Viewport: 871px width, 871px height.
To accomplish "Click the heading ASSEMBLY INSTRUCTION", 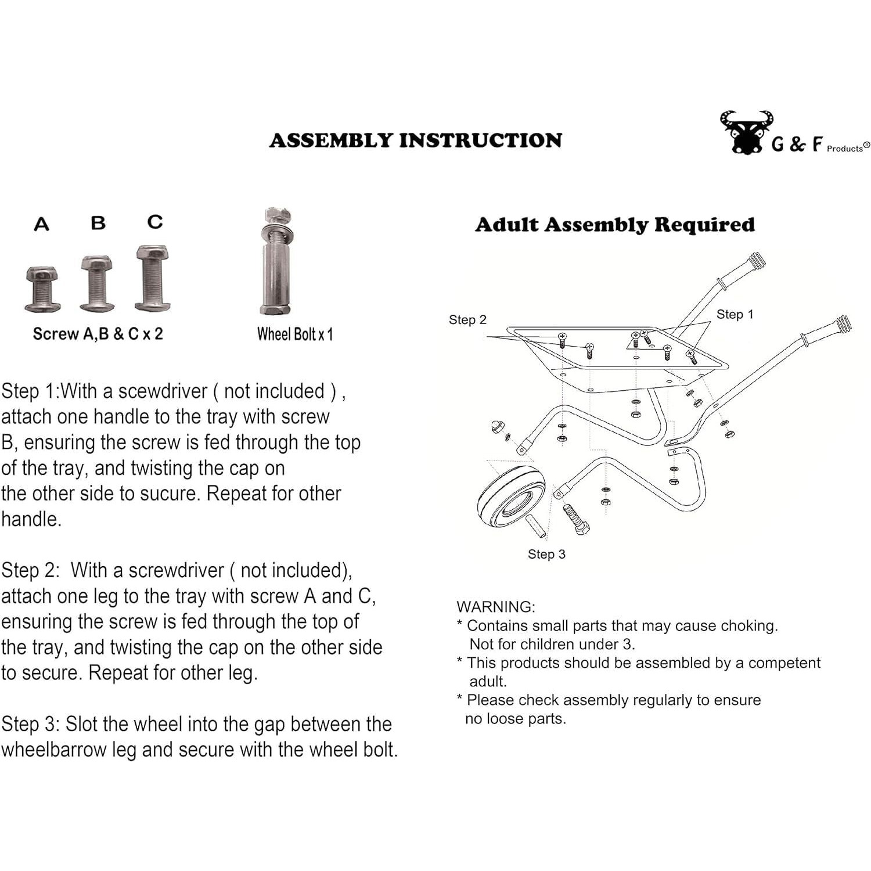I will pyautogui.click(x=415, y=141).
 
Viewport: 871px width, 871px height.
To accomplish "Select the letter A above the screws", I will pyautogui.click(x=41, y=224).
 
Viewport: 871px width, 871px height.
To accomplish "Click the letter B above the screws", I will pyautogui.click(x=98, y=222).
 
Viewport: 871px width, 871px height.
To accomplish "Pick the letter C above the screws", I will pyautogui.click(x=155, y=222).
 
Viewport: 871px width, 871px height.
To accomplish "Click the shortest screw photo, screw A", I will pyautogui.click(x=42, y=289).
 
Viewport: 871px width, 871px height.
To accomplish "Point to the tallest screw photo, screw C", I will pyautogui.click(x=153, y=278).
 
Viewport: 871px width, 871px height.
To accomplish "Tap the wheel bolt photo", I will pyautogui.click(x=276, y=261).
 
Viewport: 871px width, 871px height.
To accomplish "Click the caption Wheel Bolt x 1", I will pyautogui.click(x=295, y=334).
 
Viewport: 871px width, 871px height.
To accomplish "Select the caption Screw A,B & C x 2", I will pyautogui.click(x=98, y=334).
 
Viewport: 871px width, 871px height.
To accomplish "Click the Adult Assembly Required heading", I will pyautogui.click(x=615, y=225).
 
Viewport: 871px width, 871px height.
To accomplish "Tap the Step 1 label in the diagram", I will pyautogui.click(x=735, y=314).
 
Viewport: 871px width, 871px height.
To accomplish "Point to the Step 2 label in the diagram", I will pyautogui.click(x=467, y=319).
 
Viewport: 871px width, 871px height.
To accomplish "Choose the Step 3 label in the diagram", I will pyautogui.click(x=546, y=554).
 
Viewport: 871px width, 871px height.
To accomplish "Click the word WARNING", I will pyautogui.click(x=496, y=607).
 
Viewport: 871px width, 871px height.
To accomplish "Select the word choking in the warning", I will pyautogui.click(x=748, y=625).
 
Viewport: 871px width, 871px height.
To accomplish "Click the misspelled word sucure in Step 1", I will pyautogui.click(x=170, y=494).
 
